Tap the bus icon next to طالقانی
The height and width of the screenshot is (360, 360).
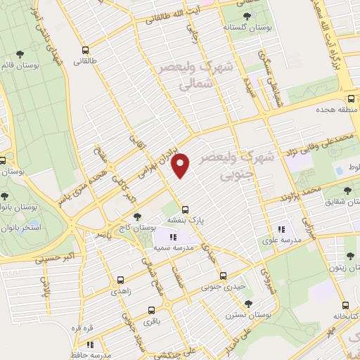(85, 50)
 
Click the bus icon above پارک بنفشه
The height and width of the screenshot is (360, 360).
(186, 209)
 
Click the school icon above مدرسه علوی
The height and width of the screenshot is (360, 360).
(282, 229)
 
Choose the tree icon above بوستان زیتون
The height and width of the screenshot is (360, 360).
(350, 256)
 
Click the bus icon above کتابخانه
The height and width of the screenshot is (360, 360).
(344, 305)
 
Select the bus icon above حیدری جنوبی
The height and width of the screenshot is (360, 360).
(223, 276)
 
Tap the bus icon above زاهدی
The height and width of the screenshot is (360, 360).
(120, 279)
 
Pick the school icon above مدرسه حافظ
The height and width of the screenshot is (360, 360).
(90, 345)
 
